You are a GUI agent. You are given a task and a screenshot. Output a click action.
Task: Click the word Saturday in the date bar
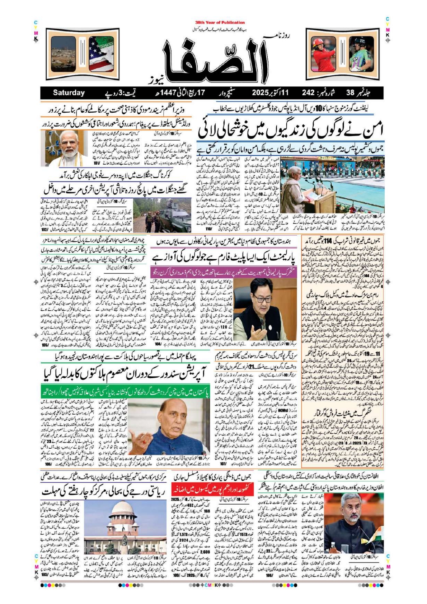pyautogui.click(x=69, y=93)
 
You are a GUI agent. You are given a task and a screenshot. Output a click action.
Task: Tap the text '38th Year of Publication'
pyautogui.click(x=220, y=22)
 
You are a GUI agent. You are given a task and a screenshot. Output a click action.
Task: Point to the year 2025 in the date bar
pyautogui.click(x=263, y=93)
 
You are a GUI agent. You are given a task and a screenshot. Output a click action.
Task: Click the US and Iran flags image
pyautogui.click(x=101, y=54)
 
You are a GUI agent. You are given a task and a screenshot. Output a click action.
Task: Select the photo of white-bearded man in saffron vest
pyautogui.click(x=68, y=148)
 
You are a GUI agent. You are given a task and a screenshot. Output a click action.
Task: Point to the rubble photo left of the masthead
pyautogui.click(x=64, y=54)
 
